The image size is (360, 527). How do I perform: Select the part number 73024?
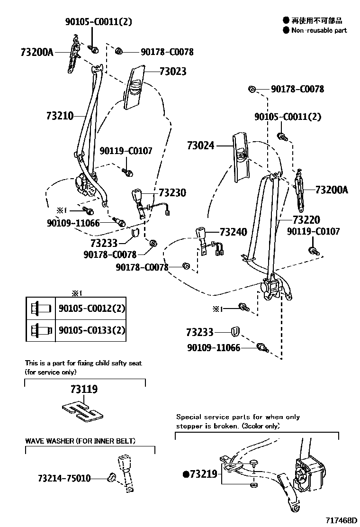pos(201,146)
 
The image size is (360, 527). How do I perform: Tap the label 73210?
pos(60,116)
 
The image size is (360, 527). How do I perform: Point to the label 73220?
pos(306,220)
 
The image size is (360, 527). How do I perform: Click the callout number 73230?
pos(172,193)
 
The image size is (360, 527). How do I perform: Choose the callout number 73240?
pos(233,232)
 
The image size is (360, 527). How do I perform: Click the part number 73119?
pos(84,390)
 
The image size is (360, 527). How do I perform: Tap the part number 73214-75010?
pos(64,479)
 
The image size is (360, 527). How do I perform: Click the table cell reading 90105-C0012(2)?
pos(91,309)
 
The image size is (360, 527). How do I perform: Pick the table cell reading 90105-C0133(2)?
pos(91,330)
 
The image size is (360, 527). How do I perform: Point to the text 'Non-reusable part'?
pos(319,30)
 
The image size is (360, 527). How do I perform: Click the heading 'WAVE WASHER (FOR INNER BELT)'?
pos(80,441)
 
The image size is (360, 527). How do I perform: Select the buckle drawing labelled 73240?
pos(201,237)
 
